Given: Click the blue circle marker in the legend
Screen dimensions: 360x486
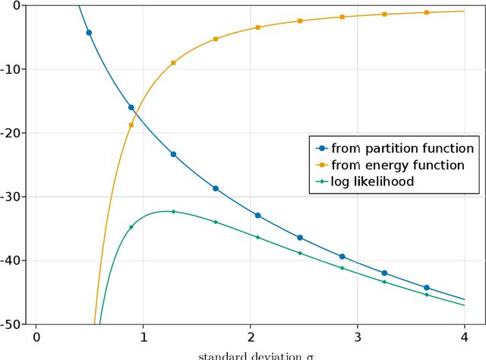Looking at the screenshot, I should (322, 149).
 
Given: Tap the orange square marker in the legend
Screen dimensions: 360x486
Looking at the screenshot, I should (322, 165).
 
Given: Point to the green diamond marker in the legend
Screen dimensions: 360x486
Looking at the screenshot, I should (322, 182).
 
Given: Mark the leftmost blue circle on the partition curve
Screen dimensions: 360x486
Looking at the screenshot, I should (89, 33).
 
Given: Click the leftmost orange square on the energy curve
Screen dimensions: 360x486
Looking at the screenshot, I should (131, 125).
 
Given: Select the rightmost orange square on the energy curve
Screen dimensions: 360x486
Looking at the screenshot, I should (426, 13).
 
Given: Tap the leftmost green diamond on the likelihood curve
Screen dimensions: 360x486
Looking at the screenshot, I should (131, 227).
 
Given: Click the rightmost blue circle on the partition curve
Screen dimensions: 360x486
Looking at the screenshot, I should (426, 288).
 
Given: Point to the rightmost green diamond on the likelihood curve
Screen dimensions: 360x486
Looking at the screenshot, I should (426, 295).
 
